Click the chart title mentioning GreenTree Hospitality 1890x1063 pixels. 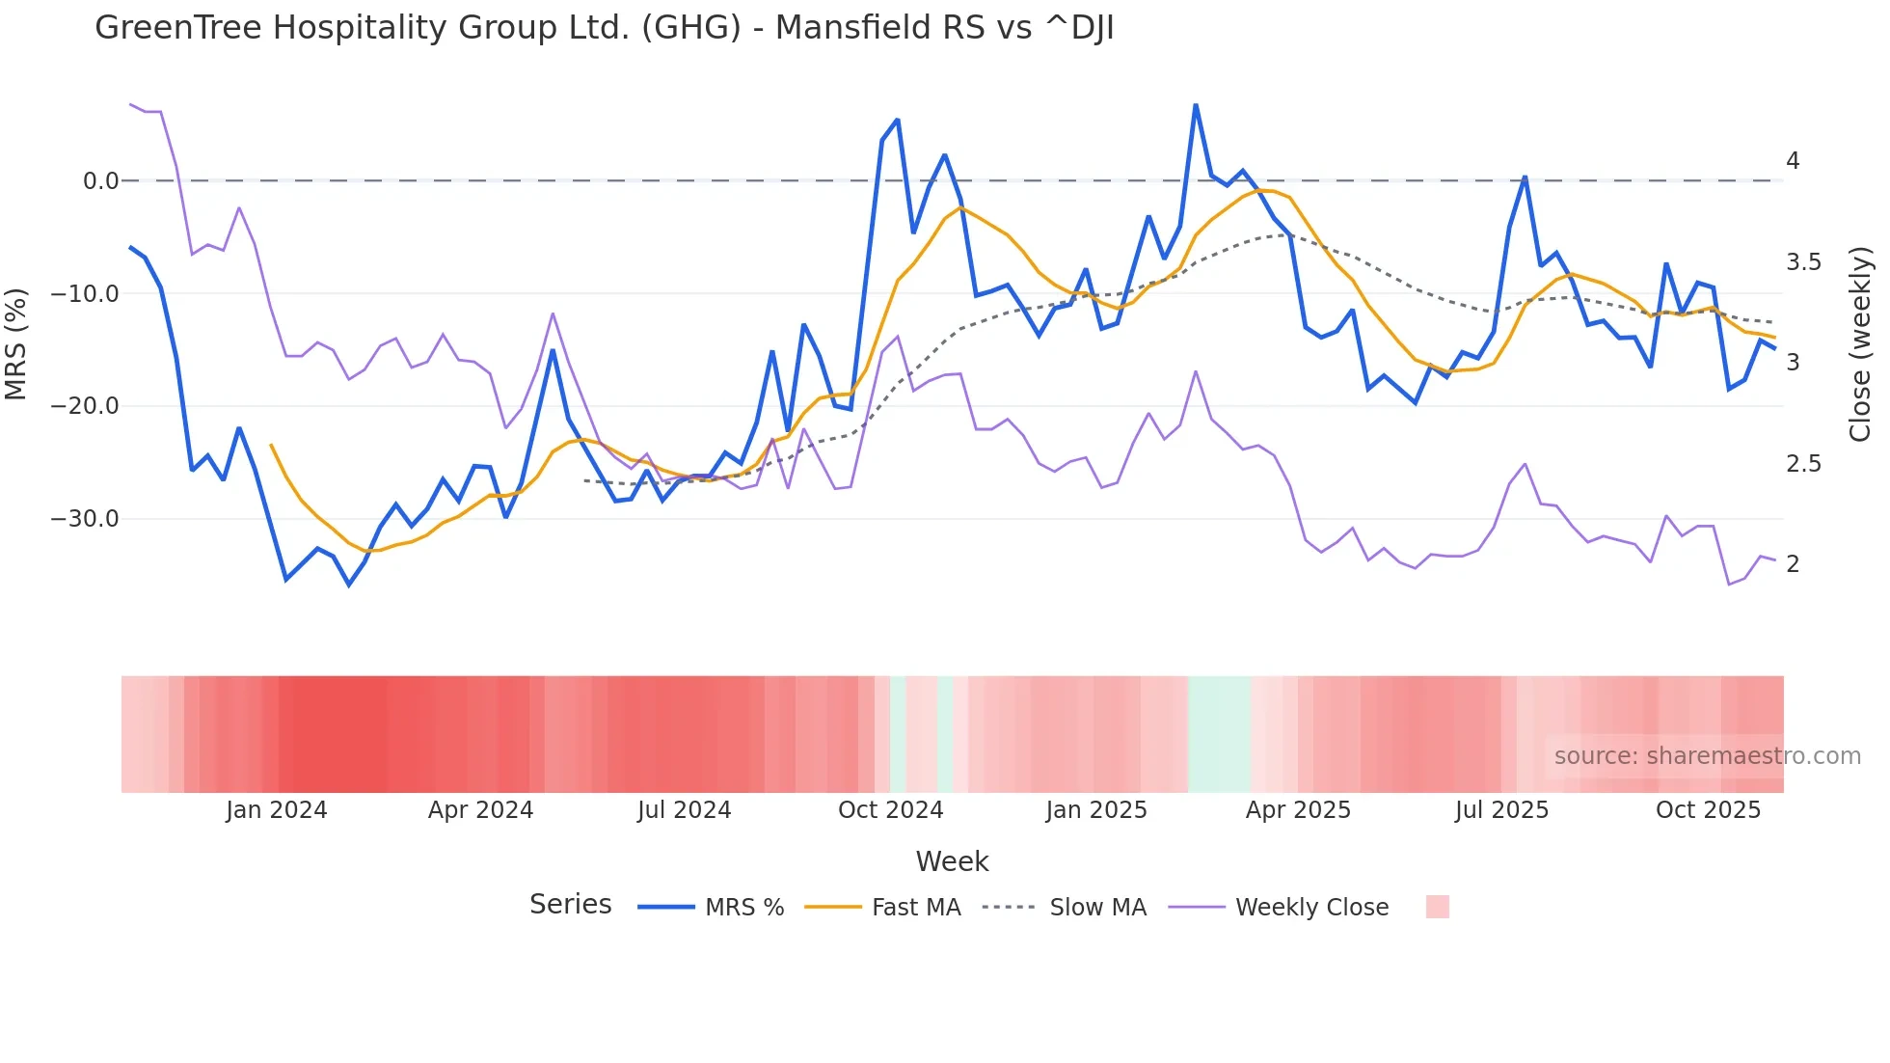pos(604,28)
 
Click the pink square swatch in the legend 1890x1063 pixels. pos(1437,907)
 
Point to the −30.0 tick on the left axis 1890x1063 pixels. pos(85,519)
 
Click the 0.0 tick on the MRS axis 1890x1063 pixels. pos(100,181)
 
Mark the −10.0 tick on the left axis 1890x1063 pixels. pos(85,294)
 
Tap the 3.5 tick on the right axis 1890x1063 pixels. pos(1803,262)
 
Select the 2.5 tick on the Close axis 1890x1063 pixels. pos(1803,464)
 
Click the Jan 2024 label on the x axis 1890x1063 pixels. pos(277,810)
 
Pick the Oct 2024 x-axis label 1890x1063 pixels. pos(890,810)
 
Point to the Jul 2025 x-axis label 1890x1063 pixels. pos(1501,810)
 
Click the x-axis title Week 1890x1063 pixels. pos(952,861)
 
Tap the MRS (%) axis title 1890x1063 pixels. pos(16,344)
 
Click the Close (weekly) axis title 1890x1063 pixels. pos(1860,344)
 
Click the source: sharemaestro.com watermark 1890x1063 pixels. pos(1707,756)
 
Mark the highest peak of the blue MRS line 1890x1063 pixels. pos(1196,105)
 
